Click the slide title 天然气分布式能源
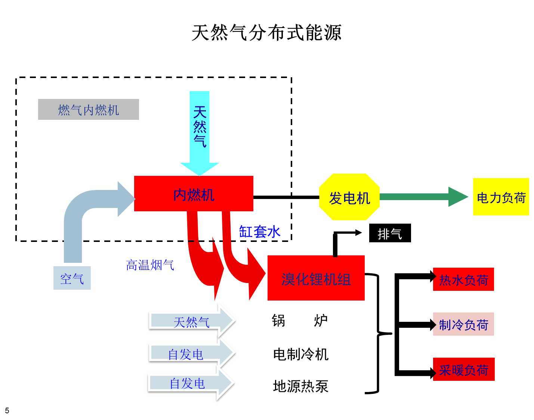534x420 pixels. point(266,33)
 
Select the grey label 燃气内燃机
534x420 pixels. point(89,109)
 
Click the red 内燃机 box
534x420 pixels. point(194,194)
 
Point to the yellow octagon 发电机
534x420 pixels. point(349,197)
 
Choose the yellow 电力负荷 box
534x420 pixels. point(501,197)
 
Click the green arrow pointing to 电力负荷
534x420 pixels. point(422,197)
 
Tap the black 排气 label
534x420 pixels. point(390,233)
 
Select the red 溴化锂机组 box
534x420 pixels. point(316,278)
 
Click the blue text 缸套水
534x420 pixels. point(259,232)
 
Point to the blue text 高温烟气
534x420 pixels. point(150,265)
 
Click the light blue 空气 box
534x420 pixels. point(72,278)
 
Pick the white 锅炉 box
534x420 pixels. point(299,320)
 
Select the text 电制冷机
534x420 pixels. point(300,354)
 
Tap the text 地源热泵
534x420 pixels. point(300,386)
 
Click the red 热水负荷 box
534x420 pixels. point(463,279)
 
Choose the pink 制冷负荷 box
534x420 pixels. point(463,324)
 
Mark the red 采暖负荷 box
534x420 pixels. point(463,369)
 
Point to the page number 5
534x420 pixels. point(7,411)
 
